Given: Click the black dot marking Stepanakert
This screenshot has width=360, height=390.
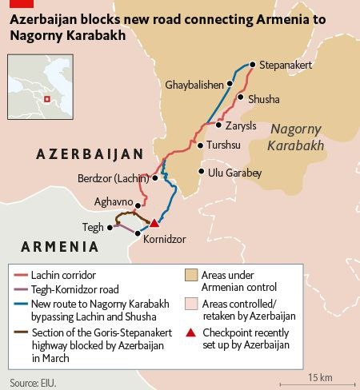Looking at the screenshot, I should [x=252, y=64].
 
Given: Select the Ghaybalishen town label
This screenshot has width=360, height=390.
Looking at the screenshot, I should [x=194, y=84].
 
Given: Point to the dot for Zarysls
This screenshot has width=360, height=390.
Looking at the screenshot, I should [x=218, y=125].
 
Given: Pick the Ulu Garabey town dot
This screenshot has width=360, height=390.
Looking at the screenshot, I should [x=201, y=172].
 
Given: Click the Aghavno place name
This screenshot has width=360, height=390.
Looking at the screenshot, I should [x=111, y=204].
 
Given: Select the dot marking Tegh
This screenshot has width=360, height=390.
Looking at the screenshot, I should [x=110, y=227].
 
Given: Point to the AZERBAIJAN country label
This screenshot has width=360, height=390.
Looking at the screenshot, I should [x=89, y=153].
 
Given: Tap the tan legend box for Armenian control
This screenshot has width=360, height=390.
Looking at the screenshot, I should [x=191, y=274].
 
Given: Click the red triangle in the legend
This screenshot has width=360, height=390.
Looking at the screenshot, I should [x=191, y=332].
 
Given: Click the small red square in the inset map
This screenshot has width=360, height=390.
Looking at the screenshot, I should [x=46, y=98].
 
